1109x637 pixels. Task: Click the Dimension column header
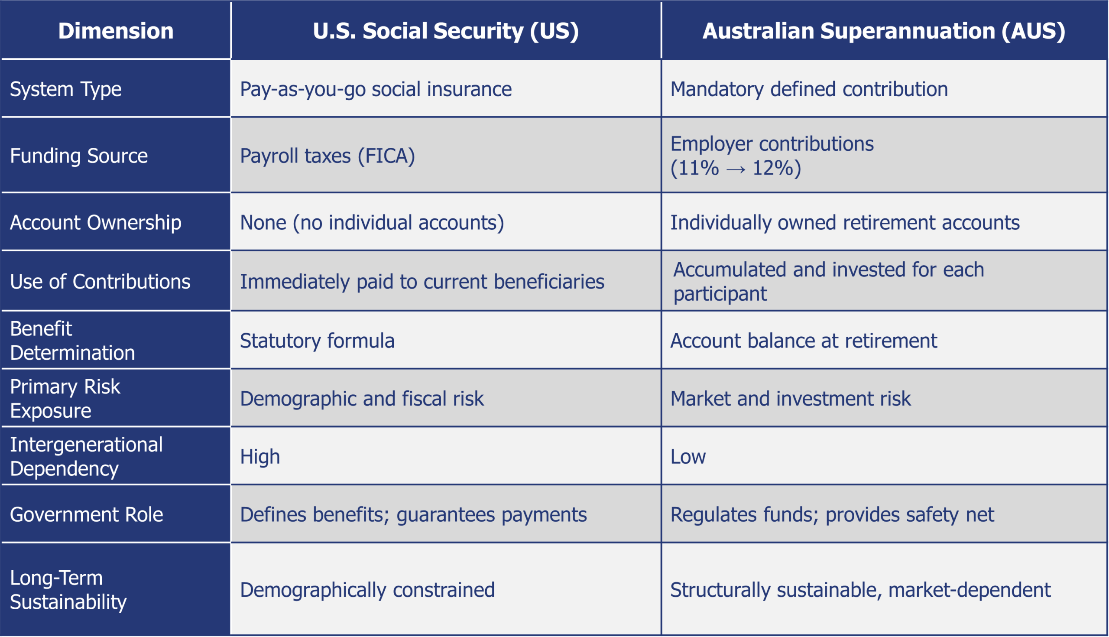tap(116, 31)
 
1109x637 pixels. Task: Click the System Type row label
tap(65, 90)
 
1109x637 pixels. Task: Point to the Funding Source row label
tap(79, 156)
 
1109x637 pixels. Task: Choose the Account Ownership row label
tap(95, 223)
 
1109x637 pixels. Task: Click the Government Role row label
tap(87, 514)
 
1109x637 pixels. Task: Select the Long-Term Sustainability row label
tap(68, 590)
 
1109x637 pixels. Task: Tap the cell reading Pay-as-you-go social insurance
tap(376, 90)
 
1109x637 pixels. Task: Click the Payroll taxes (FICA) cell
tap(327, 156)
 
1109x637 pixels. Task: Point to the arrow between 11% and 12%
tap(736, 169)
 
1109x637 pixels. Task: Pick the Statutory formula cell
tap(317, 341)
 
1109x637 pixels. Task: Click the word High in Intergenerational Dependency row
tap(260, 457)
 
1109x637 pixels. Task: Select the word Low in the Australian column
tap(688, 457)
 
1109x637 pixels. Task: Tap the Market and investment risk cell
tap(791, 399)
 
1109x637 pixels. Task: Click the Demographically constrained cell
tap(367, 590)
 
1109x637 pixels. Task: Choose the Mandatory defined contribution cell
tap(809, 89)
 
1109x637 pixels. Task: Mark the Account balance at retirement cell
tap(804, 341)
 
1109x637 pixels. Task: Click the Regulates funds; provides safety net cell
tap(832, 515)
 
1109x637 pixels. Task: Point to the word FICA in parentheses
tap(386, 156)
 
